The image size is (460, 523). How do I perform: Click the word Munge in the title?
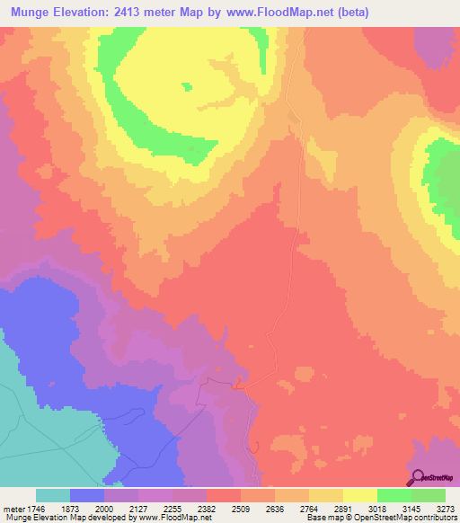coord(33,13)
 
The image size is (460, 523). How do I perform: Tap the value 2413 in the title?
coord(140,13)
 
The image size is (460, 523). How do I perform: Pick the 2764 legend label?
coord(309,508)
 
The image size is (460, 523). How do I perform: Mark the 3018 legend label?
coord(377,508)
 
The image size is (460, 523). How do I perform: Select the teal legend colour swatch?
coord(53,495)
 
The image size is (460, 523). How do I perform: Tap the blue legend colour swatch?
coord(87,495)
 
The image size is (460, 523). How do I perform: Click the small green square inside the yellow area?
coord(187,86)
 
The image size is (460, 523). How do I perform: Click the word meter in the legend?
coord(13,508)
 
